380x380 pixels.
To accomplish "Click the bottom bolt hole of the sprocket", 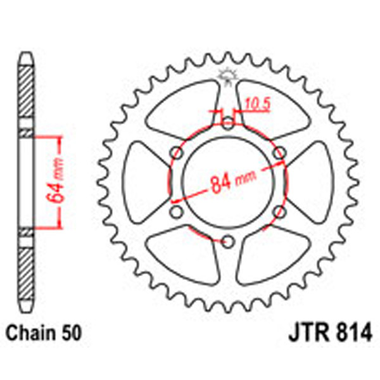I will pos(227,240).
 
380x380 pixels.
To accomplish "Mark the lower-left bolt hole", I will pos(175,211).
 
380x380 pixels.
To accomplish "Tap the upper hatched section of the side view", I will pos(26,95).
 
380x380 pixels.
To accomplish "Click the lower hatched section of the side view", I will pos(26,266).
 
